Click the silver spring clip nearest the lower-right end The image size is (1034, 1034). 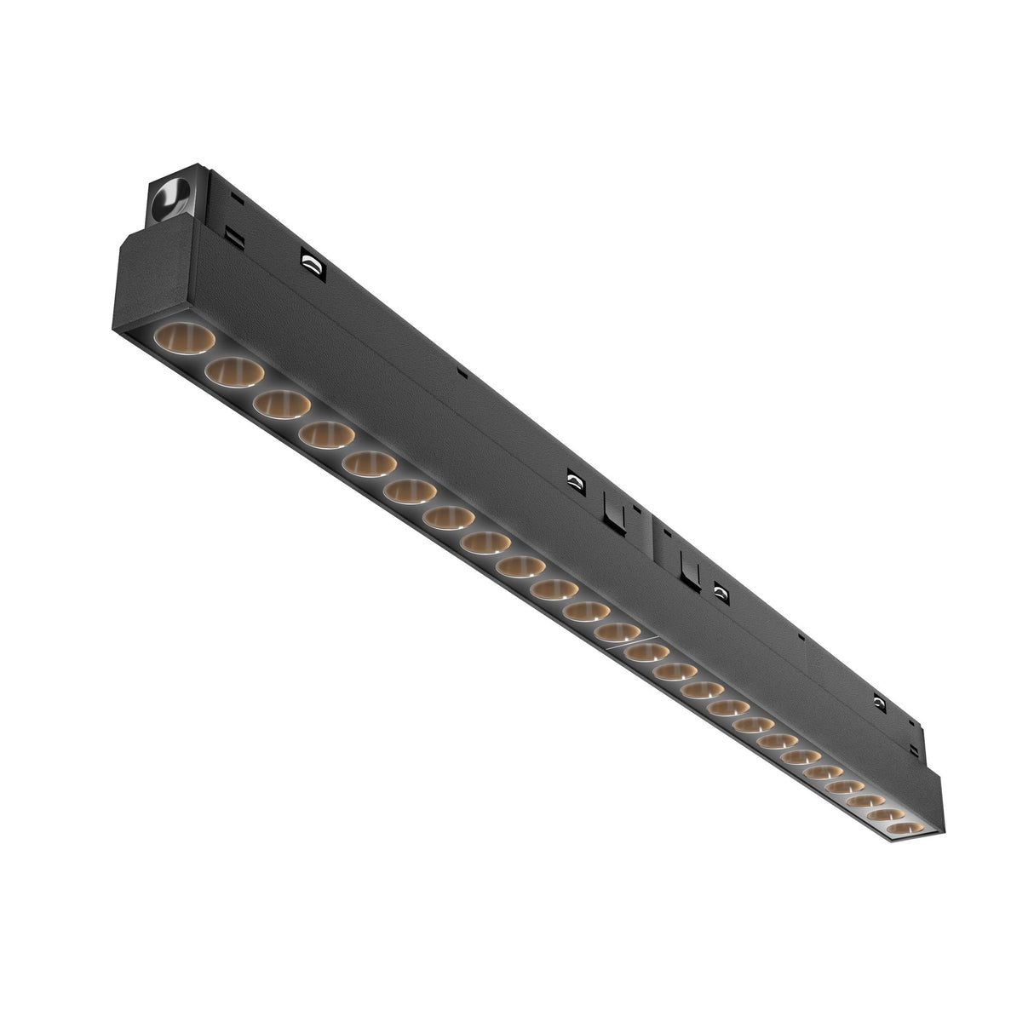coord(877,702)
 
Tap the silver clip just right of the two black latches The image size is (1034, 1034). coord(721,589)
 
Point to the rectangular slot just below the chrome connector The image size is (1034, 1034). coord(230,233)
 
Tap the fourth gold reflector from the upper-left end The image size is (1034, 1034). coord(326,435)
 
